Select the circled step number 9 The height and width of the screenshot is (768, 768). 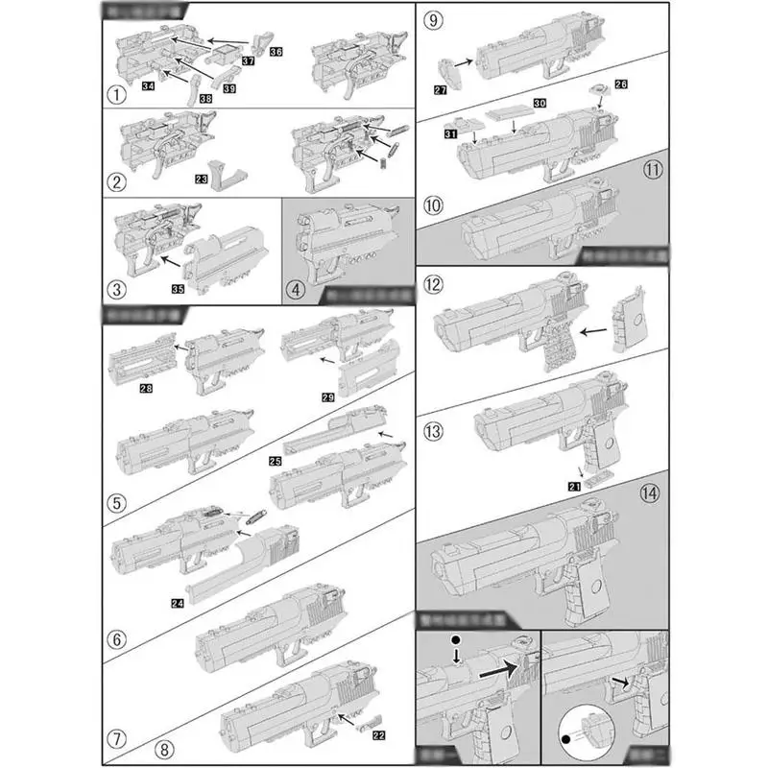[x=433, y=19]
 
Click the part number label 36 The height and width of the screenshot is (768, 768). [x=276, y=50]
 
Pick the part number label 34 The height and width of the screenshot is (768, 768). [x=149, y=86]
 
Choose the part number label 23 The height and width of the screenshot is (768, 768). [x=202, y=178]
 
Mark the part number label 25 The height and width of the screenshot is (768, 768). [x=276, y=462]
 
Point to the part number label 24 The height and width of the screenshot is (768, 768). [x=177, y=603]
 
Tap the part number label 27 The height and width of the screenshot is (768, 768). [x=441, y=89]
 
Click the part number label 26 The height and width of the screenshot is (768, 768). [x=620, y=84]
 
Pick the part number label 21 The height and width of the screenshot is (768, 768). [x=574, y=487]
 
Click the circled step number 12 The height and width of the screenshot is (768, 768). [x=434, y=284]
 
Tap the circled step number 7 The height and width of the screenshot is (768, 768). [x=116, y=740]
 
